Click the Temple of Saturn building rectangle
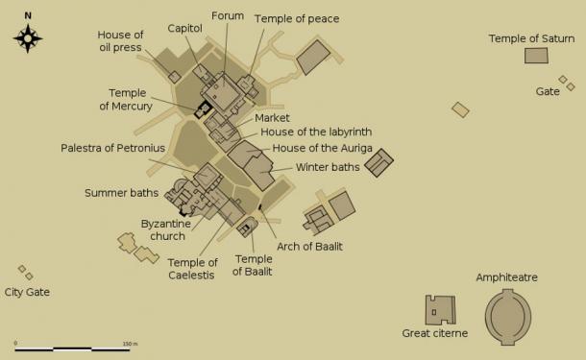pos(536,56)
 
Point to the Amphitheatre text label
pos(506,277)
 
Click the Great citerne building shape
pos(440,310)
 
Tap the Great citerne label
pos(435,333)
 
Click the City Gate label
pos(27,292)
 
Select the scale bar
pos(73,348)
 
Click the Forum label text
pos(228,15)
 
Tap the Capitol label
pos(184,29)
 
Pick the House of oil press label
pos(120,41)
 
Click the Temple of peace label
pos(297,18)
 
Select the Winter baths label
pos(328,166)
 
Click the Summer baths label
pos(121,193)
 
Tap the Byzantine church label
pos(166,230)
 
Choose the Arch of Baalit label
pos(309,247)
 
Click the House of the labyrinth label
pos(316,132)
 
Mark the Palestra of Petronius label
pos(113,148)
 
